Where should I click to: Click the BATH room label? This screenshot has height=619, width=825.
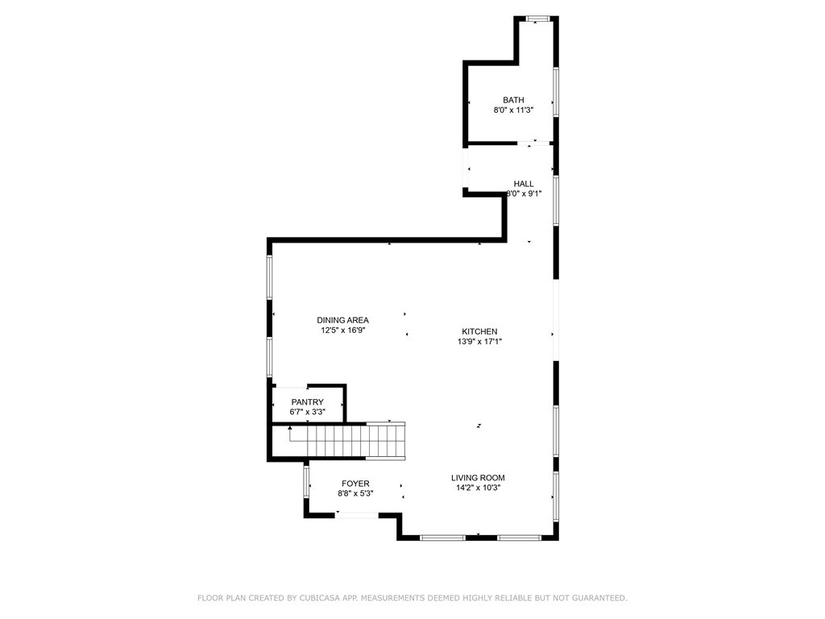[x=513, y=100]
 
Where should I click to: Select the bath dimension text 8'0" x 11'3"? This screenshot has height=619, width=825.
[x=513, y=110]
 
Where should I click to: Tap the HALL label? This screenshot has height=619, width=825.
[x=524, y=184]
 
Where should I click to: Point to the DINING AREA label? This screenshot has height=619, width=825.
[x=342, y=320]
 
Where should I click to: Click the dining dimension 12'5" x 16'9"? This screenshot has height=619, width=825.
[x=342, y=330]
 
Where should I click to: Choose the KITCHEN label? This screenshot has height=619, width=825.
[x=479, y=331]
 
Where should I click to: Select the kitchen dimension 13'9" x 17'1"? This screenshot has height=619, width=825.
[x=479, y=342]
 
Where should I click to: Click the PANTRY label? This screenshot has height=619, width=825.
[x=308, y=402]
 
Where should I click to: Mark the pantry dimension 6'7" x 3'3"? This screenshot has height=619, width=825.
[x=308, y=413]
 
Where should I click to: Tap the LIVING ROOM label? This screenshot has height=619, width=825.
[x=478, y=477]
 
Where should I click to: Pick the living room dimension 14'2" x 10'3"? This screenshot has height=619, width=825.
[x=478, y=488]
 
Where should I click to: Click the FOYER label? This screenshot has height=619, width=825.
[x=354, y=484]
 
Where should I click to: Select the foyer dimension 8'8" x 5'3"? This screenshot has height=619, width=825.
[x=354, y=493]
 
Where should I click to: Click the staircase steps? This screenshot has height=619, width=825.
[x=346, y=442]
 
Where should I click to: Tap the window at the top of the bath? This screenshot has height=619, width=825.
[x=537, y=19]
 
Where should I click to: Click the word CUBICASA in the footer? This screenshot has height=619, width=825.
[x=322, y=598]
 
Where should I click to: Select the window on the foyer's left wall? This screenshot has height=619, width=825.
[x=306, y=481]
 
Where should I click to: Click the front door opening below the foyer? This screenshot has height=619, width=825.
[x=357, y=515]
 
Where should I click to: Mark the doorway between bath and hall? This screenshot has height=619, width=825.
[x=533, y=143]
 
